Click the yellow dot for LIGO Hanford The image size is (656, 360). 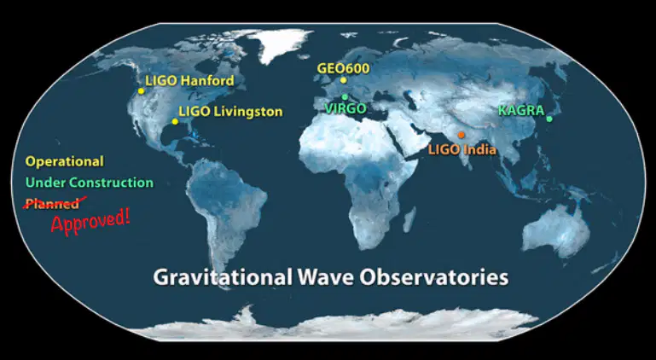141,90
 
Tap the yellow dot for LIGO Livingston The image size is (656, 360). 175,121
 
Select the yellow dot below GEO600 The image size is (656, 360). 344,80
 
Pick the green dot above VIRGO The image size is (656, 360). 345,96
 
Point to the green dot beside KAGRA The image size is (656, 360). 549,119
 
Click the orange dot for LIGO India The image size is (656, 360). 461,135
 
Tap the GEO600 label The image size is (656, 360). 343,68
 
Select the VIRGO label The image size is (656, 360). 345,108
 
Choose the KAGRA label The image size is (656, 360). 521,111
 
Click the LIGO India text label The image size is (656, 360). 462,149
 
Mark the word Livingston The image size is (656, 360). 248,112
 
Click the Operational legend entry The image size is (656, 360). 65,161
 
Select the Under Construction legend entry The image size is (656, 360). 90,183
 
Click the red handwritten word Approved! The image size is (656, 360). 90,221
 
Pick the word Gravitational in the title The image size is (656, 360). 223,277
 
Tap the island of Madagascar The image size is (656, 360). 410,219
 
